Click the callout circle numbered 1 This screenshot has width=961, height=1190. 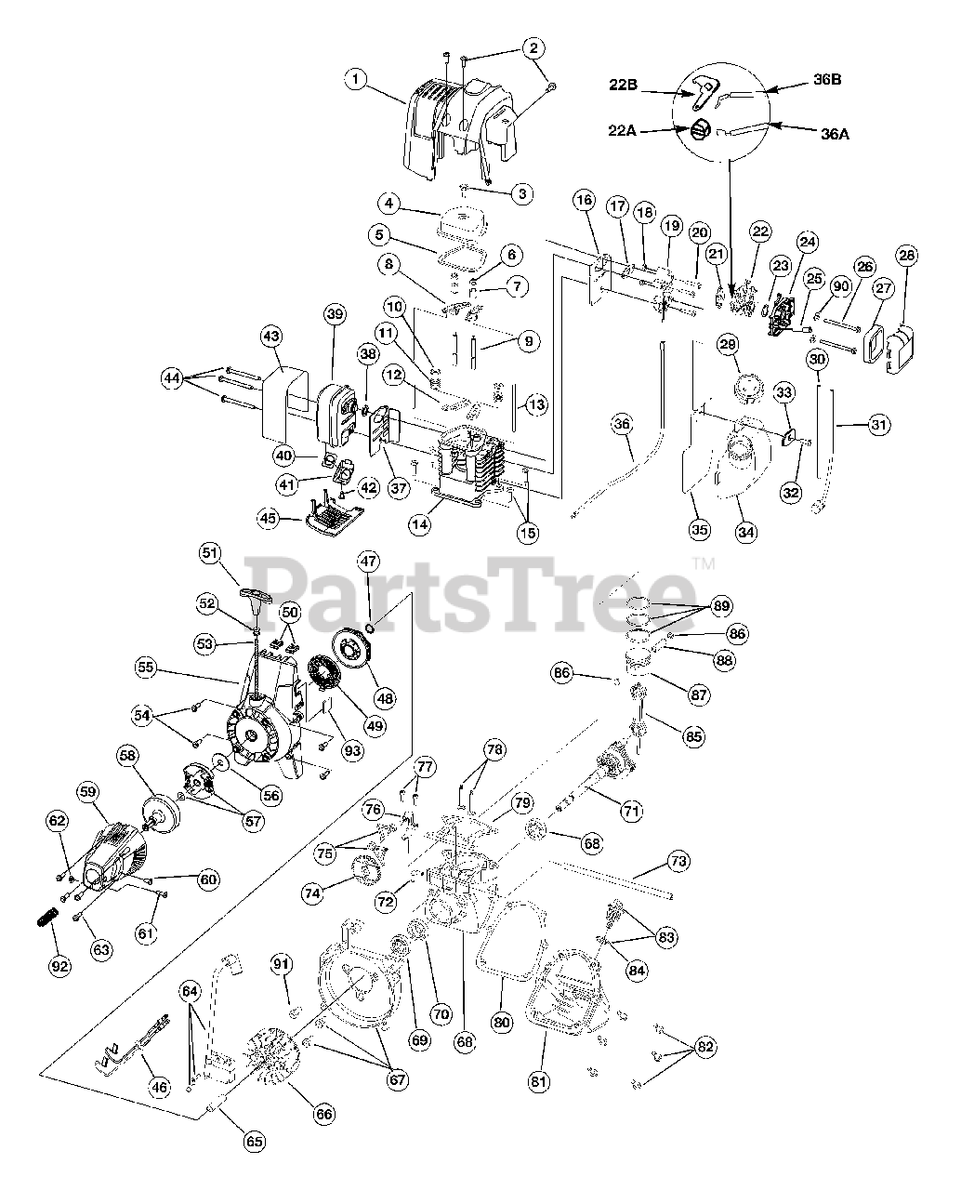click(x=354, y=79)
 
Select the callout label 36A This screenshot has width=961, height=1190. click(x=835, y=133)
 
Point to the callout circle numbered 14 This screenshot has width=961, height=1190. click(x=420, y=524)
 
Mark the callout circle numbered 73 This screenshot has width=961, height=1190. click(x=678, y=862)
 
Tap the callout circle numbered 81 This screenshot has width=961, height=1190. click(x=539, y=1080)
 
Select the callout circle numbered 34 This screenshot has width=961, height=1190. click(x=746, y=532)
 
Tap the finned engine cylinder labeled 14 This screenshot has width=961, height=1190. click(x=477, y=460)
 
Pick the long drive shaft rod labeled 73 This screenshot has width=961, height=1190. click(x=613, y=879)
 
